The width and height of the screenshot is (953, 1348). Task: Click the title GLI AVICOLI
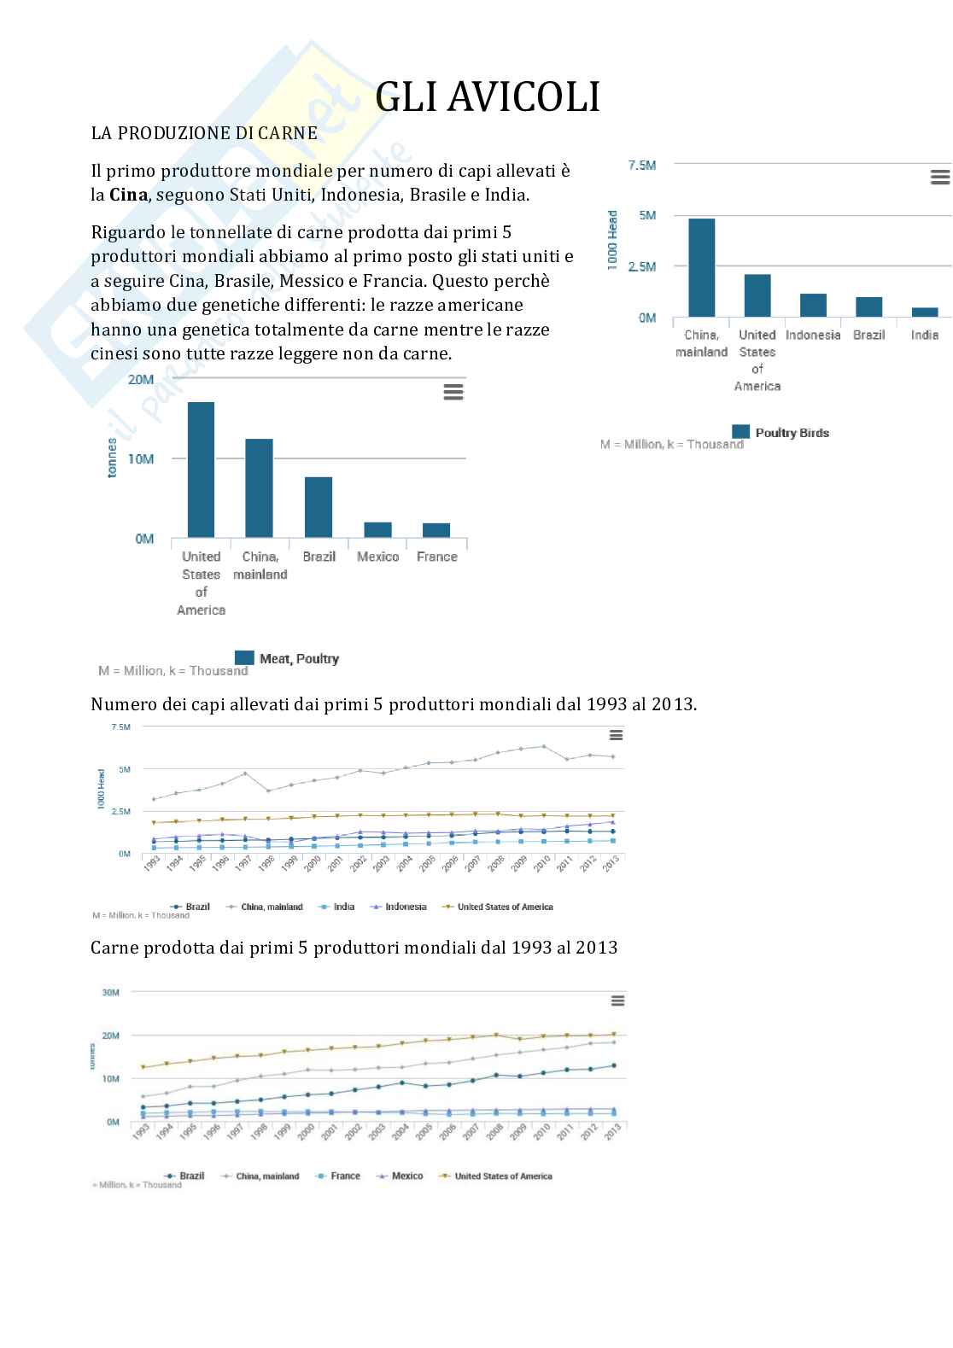488,97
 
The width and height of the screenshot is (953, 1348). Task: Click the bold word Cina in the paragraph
128,195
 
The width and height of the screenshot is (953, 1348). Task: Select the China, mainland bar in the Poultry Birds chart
701,267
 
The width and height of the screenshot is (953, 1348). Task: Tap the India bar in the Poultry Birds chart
924,312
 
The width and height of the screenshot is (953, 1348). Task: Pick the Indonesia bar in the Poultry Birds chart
813,305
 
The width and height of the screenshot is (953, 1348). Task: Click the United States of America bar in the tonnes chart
201,469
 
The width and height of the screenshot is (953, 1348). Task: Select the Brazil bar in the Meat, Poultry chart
319,507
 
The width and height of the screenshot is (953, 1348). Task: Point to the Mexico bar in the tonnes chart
377,529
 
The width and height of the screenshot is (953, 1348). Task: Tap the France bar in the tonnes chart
436,530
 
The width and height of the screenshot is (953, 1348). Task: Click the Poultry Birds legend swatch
741,432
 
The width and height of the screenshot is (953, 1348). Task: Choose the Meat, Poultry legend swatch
244,657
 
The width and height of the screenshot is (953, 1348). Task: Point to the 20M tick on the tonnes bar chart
140,379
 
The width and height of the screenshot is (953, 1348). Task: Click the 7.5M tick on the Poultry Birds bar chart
642,165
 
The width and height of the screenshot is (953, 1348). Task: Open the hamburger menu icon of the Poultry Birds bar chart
939,177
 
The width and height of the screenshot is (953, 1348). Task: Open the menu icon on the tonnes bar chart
453,392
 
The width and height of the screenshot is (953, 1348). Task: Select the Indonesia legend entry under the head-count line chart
405,907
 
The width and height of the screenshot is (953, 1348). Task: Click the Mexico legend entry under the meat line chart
406,1176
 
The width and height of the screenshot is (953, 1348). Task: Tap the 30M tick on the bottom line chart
110,992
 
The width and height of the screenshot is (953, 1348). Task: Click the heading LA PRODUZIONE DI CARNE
204,133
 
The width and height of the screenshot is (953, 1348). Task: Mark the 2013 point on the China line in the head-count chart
612,756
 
